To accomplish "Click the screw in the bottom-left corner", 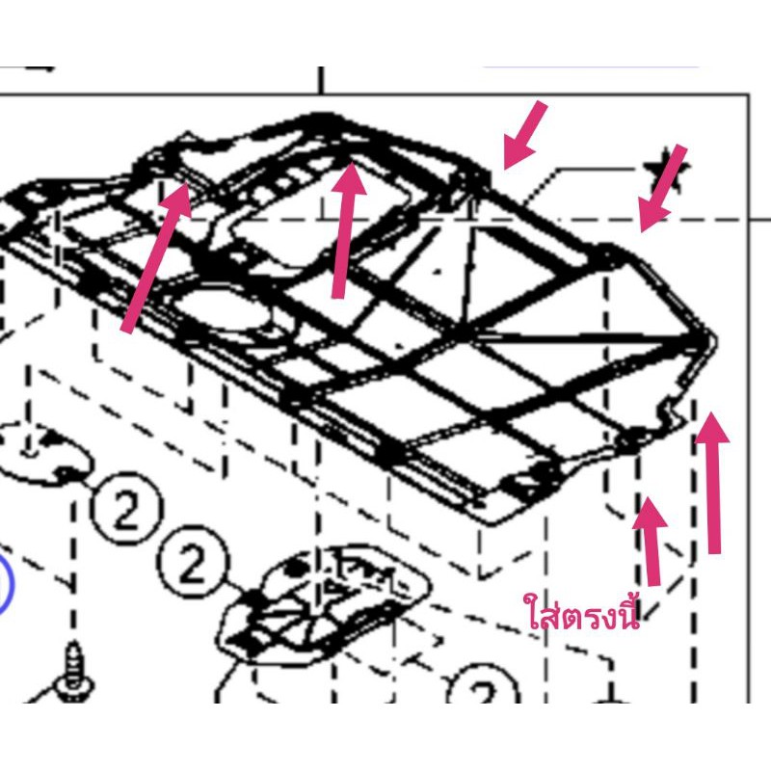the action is pos(74,671).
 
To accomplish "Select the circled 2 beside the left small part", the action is pos(125,508).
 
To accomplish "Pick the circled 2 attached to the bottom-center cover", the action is pos(193,562).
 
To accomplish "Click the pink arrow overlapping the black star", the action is pos(662,188).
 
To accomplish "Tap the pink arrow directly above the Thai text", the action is pos(651,542).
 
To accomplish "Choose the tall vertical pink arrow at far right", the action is pos(712,484).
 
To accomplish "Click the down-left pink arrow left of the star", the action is pos(524,136).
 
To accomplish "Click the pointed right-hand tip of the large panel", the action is pos(716,339).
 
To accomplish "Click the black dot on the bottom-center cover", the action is pos(294,569).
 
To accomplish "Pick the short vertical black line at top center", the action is pos(321,80).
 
